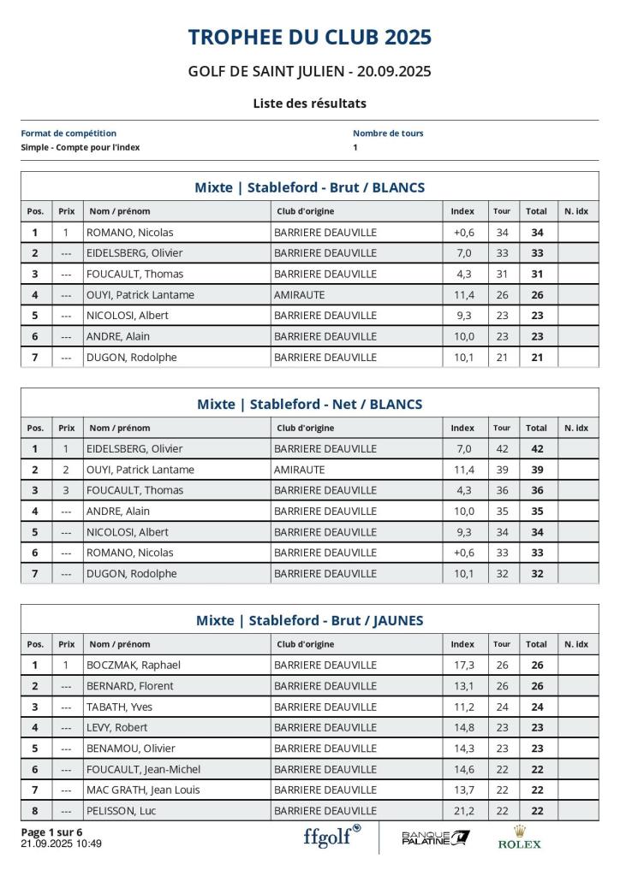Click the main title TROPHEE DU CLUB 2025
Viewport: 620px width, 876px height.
[309, 38]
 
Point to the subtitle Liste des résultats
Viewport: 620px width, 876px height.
[309, 104]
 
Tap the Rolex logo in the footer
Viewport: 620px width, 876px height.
[519, 838]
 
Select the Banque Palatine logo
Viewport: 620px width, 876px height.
[435, 838]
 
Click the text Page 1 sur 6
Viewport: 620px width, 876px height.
[51, 832]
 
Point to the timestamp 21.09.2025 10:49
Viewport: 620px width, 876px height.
[61, 843]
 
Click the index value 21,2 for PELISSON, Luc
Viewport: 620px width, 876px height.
[463, 810]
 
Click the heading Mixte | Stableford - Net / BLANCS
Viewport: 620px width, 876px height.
[309, 404]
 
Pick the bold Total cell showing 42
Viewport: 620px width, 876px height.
[537, 448]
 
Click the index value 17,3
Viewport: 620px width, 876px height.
[463, 665]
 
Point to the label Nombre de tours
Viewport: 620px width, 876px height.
[388, 133]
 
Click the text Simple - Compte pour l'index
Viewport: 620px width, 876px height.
[80, 147]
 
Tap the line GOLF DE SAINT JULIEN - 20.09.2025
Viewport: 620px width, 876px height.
[309, 71]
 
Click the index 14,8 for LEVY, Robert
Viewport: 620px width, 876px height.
[463, 727]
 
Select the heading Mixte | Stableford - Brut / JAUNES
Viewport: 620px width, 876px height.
[309, 620]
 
